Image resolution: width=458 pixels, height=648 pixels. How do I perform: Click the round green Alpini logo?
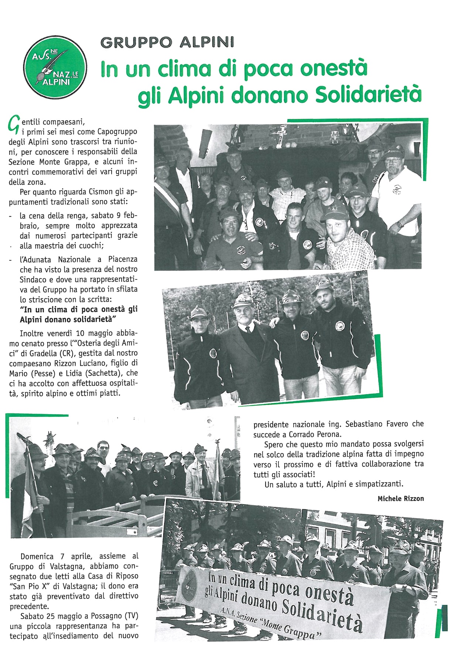click(x=55, y=67)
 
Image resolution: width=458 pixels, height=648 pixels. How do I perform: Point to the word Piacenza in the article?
click(x=123, y=259)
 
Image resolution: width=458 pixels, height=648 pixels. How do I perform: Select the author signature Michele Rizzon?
click(x=400, y=499)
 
